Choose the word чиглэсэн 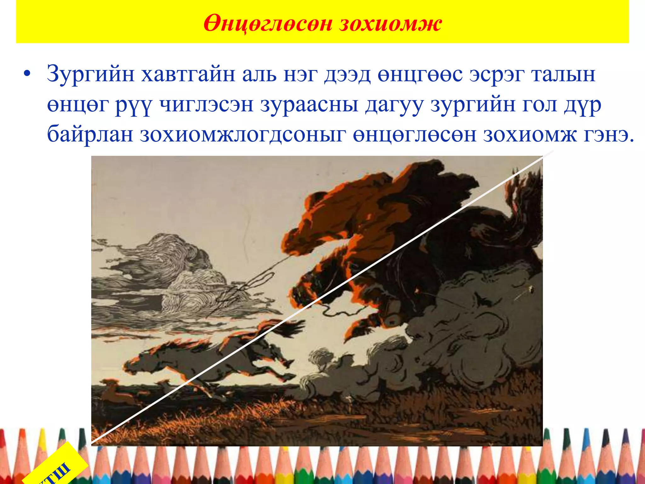(x=206, y=105)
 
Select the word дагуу (x=394, y=105)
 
